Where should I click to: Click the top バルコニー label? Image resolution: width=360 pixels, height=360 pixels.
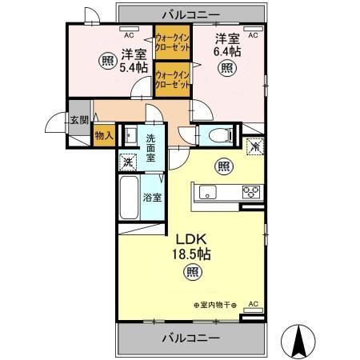(x=192, y=14)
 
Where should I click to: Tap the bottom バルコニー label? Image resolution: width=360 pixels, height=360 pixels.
(x=192, y=338)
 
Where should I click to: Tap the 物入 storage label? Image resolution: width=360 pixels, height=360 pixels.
(x=104, y=136)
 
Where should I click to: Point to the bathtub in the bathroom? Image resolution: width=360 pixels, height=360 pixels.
(x=129, y=199)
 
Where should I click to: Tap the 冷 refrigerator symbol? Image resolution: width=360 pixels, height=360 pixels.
(x=254, y=146)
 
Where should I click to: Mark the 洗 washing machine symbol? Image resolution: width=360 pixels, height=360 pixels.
(x=128, y=161)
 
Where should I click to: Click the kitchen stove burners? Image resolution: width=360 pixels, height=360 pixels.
(x=251, y=191)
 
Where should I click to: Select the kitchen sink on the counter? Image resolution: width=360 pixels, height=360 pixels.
(x=207, y=192)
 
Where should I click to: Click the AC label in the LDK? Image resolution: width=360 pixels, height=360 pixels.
(x=254, y=304)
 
